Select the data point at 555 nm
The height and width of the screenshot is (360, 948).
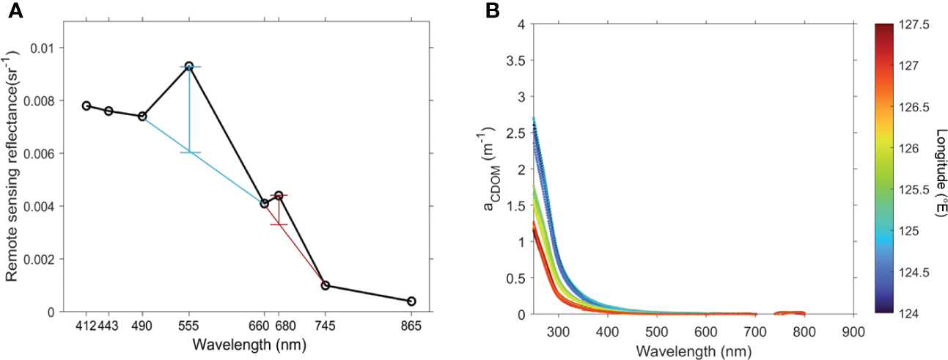(x=189, y=66)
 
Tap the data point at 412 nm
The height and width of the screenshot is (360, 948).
(x=87, y=106)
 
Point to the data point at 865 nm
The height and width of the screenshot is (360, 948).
(x=411, y=301)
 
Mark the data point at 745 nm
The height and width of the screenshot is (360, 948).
(x=326, y=285)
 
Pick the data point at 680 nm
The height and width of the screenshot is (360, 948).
(x=279, y=195)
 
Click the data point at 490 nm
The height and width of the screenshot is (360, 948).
(x=142, y=116)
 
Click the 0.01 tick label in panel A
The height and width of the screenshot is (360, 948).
(x=46, y=48)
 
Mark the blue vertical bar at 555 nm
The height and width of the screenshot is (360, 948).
(x=190, y=110)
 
